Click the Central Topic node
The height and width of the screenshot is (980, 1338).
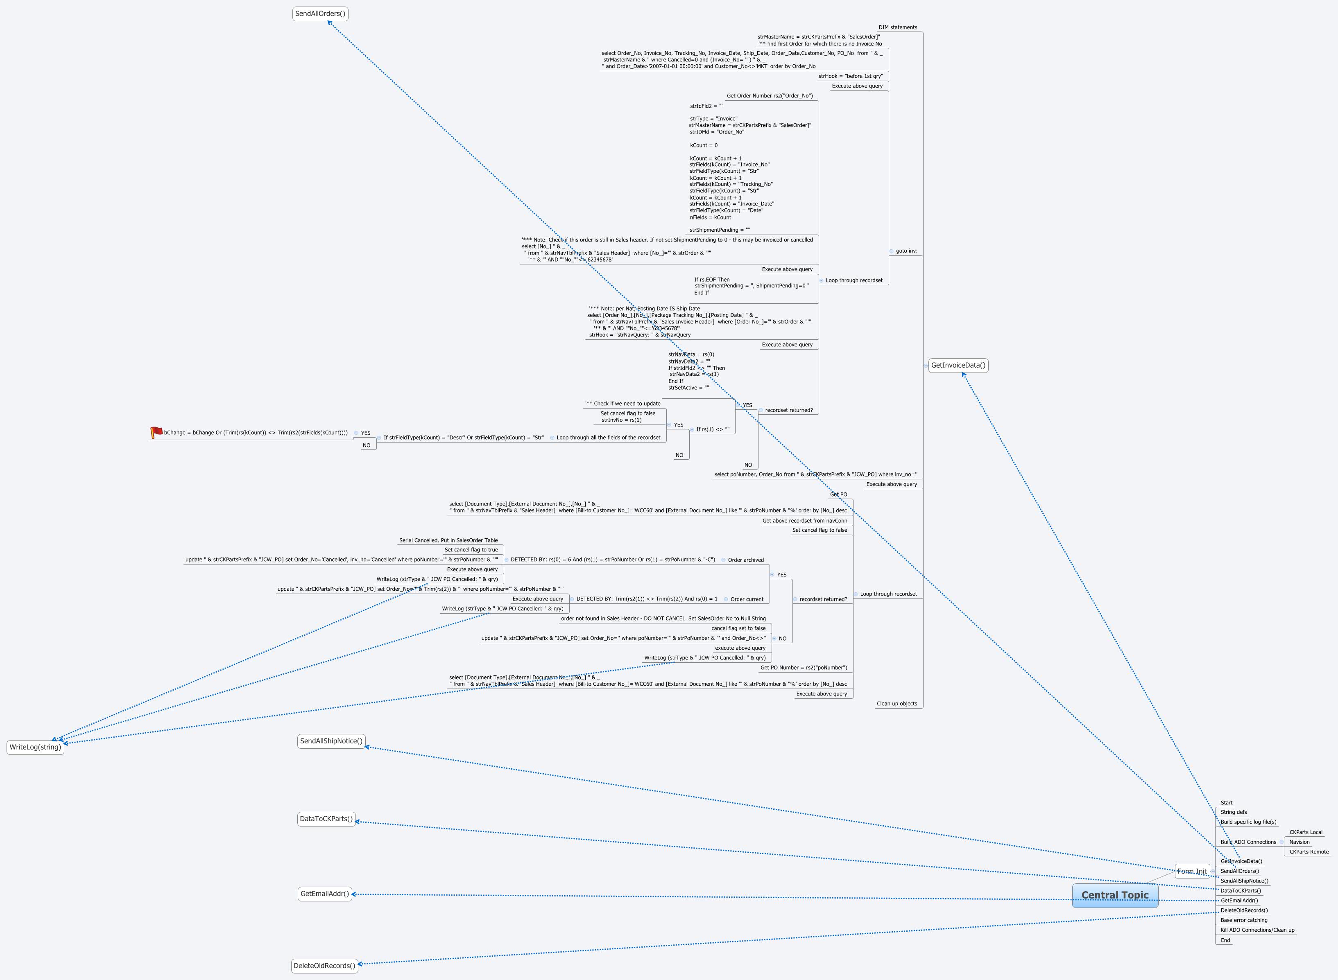[1114, 895]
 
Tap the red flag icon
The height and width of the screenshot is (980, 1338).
[156, 432]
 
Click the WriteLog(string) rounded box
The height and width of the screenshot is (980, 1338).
[36, 747]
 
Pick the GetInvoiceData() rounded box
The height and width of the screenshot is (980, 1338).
[958, 366]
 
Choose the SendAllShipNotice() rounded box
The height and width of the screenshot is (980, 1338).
[331, 741]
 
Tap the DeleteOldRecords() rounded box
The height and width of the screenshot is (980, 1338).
[324, 965]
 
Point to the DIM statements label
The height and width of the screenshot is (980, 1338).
[897, 27]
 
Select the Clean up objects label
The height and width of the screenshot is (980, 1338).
[897, 704]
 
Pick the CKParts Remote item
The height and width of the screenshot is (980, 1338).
[1309, 852]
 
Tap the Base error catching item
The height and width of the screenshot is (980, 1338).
[1244, 920]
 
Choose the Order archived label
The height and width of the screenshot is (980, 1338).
[745, 560]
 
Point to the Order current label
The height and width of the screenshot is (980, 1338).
[747, 599]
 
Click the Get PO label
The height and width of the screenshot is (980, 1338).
[838, 494]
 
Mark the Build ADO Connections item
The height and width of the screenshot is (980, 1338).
[1248, 842]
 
